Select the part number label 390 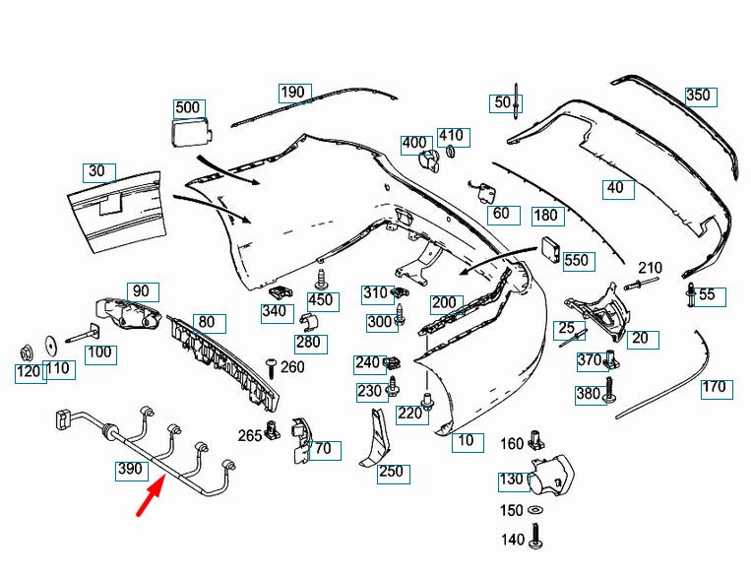[130, 469]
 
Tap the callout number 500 [187, 107]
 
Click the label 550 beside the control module [576, 260]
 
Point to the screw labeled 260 [272, 368]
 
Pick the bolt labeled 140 [536, 536]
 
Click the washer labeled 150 [534, 510]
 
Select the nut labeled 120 [26, 353]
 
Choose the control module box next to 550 [551, 248]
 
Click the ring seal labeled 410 [451, 152]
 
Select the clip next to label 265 [272, 430]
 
